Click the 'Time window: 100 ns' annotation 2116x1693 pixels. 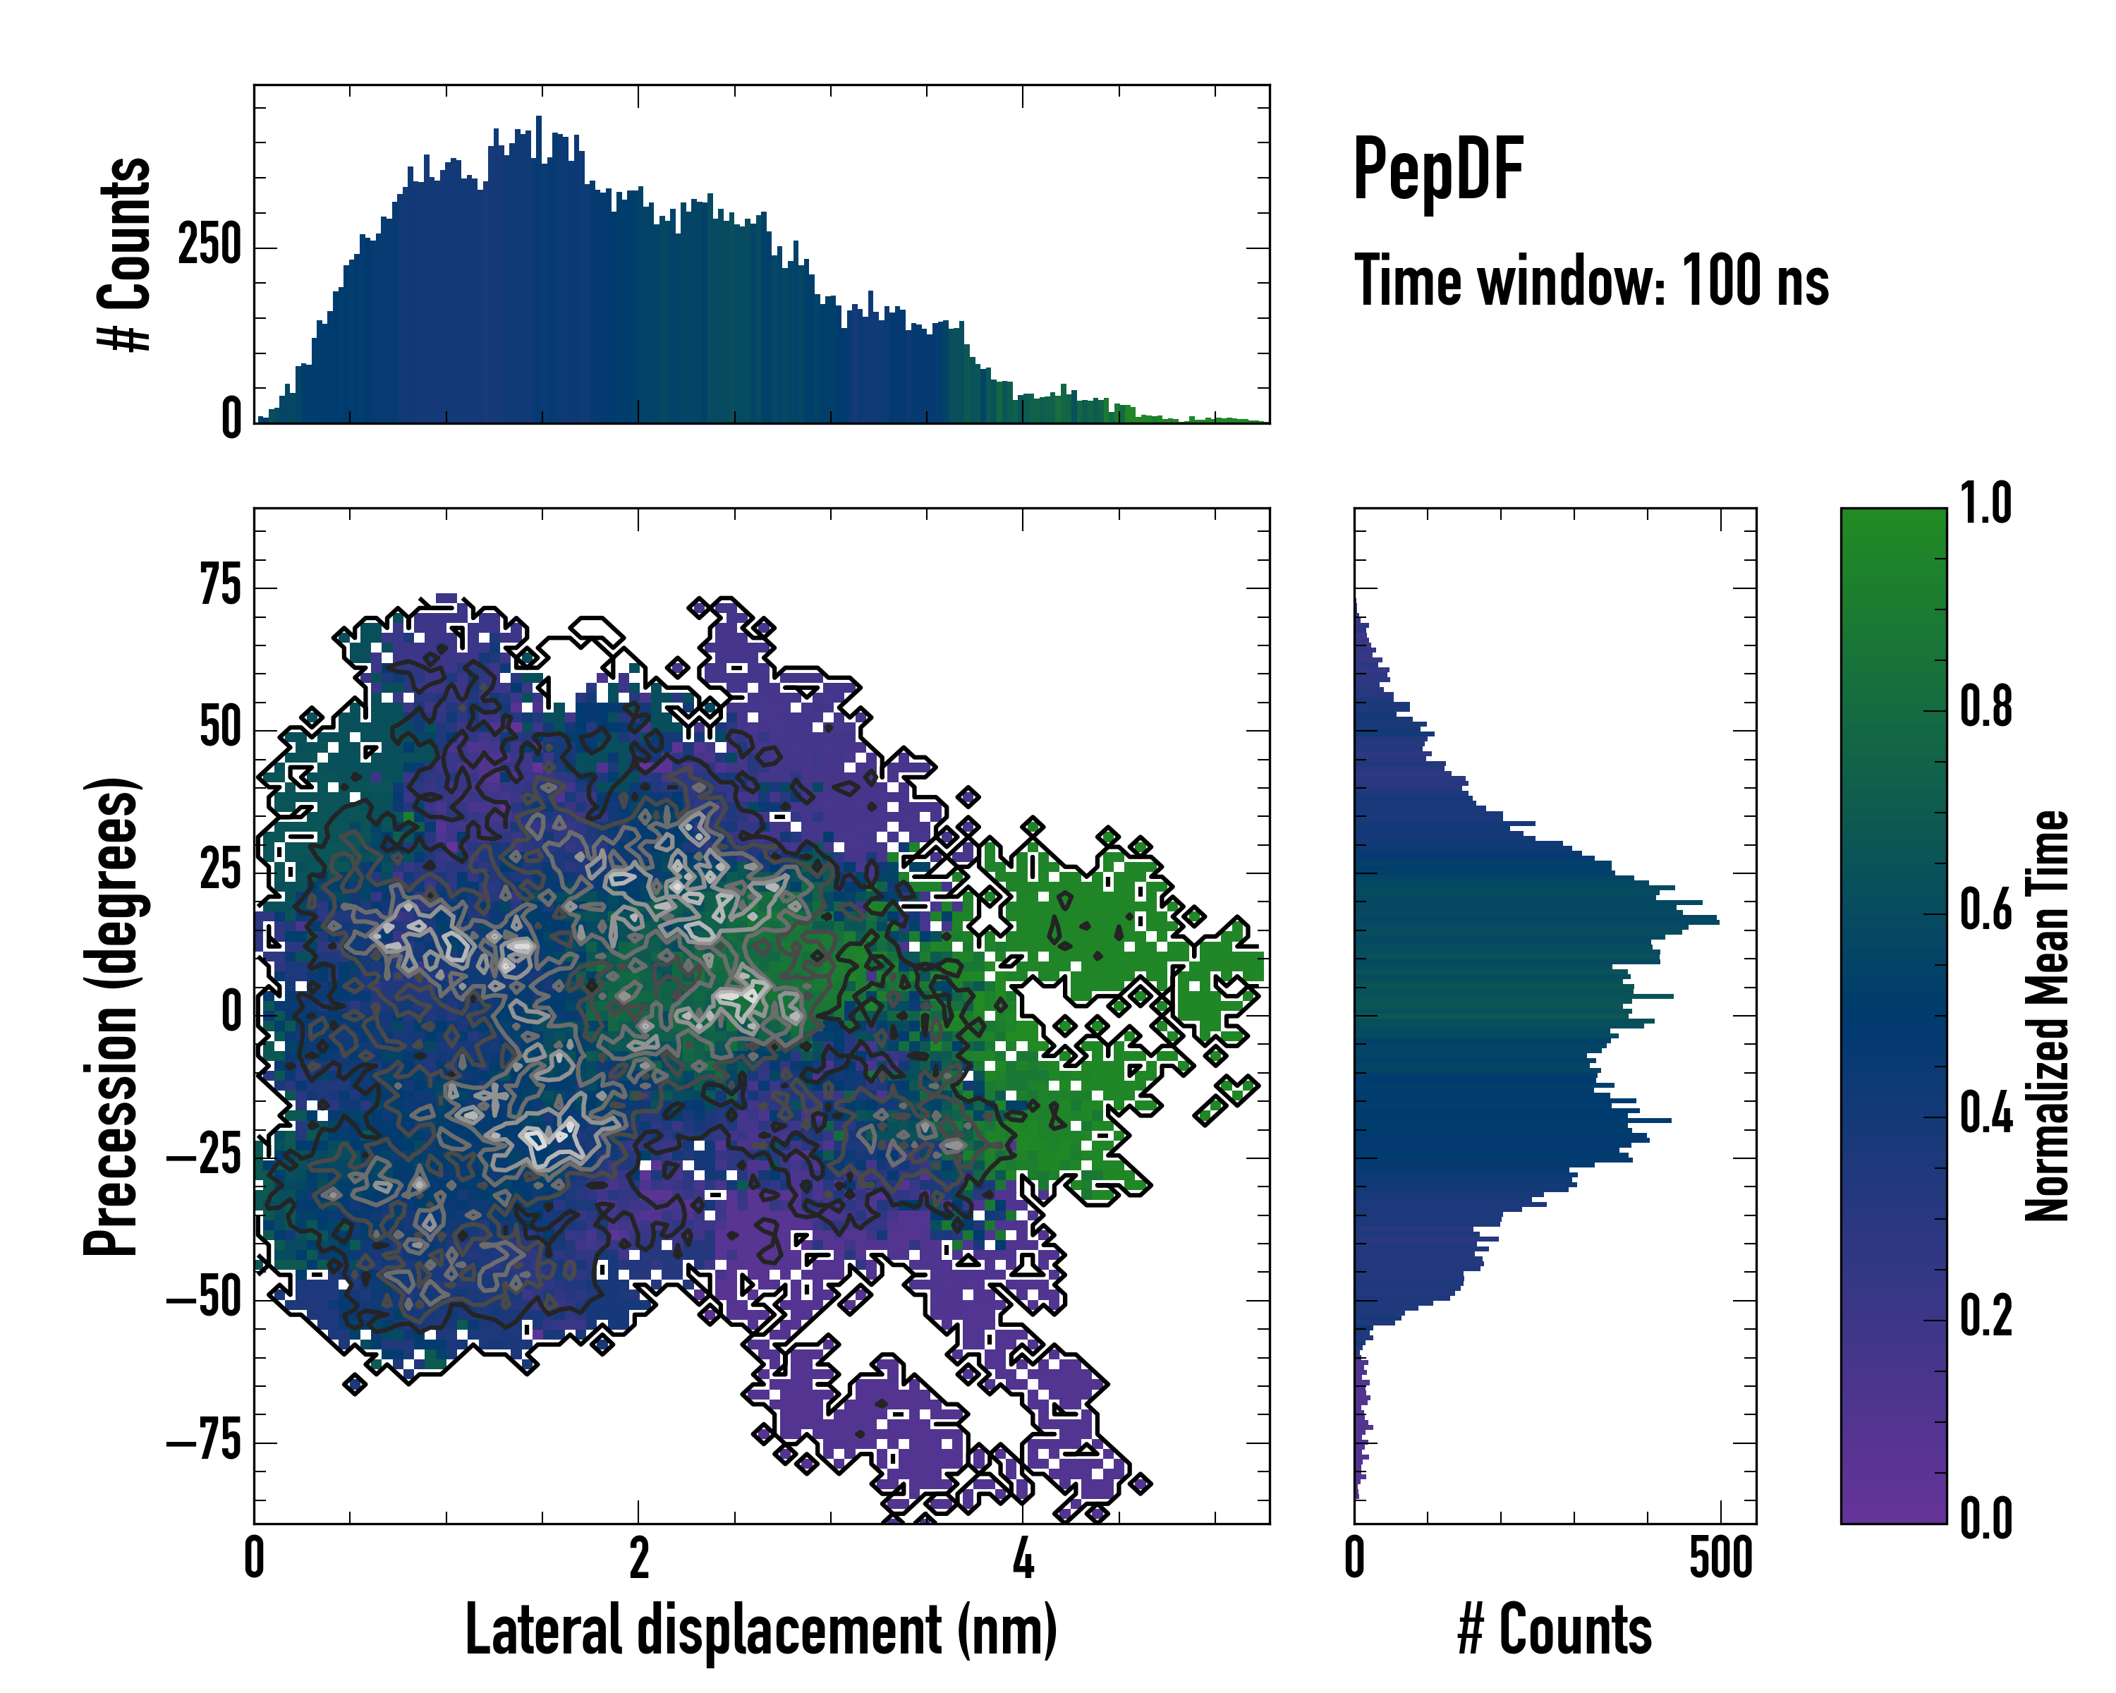(1591, 281)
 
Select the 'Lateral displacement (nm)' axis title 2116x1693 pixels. (760, 1630)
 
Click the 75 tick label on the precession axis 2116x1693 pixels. (220, 587)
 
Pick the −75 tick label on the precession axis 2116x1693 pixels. (203, 1442)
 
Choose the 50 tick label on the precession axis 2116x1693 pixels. (220, 729)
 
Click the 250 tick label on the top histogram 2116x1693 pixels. (209, 245)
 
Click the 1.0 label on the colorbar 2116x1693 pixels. (1986, 504)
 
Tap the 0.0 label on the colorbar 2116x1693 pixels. (1986, 1519)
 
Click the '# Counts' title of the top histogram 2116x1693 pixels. (126, 254)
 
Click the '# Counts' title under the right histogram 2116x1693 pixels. (1555, 1630)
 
